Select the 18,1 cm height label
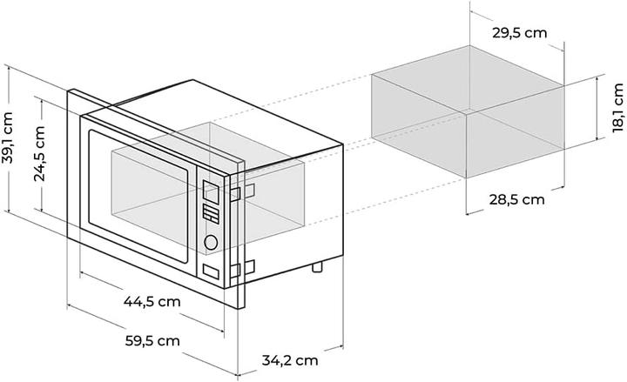(x=617, y=107)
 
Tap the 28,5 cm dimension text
(x=516, y=199)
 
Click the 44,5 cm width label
(x=152, y=302)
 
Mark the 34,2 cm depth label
(x=290, y=359)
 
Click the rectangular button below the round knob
(x=210, y=271)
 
